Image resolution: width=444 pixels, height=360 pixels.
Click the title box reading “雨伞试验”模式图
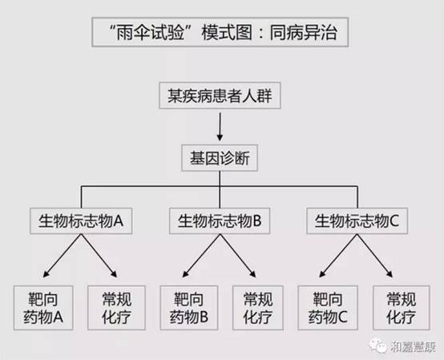(220, 32)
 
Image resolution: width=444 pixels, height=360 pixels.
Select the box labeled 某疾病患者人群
(220, 95)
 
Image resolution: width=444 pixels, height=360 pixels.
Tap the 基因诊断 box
(220, 158)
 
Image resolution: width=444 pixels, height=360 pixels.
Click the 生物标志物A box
(81, 221)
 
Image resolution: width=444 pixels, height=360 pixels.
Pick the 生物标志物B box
(220, 221)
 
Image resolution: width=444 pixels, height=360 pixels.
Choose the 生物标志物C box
(357, 221)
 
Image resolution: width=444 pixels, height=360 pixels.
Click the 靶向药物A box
(43, 308)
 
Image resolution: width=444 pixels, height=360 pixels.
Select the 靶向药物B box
(189, 308)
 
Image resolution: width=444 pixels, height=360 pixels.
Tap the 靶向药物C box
(328, 308)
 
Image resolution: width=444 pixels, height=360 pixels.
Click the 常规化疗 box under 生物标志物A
(116, 308)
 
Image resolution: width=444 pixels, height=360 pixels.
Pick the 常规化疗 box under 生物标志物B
(258, 308)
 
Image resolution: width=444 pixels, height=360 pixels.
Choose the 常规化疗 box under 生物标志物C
(402, 308)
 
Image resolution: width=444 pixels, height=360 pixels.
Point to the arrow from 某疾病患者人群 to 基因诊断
(220, 127)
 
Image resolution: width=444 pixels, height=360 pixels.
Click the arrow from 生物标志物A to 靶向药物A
(62, 256)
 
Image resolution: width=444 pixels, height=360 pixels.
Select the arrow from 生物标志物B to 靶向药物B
(201, 256)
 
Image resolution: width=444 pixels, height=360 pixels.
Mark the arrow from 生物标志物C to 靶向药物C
(338, 256)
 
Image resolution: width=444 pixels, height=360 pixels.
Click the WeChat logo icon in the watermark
(378, 346)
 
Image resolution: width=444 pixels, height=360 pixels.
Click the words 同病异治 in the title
(303, 32)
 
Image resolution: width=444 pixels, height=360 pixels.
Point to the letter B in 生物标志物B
(257, 221)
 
